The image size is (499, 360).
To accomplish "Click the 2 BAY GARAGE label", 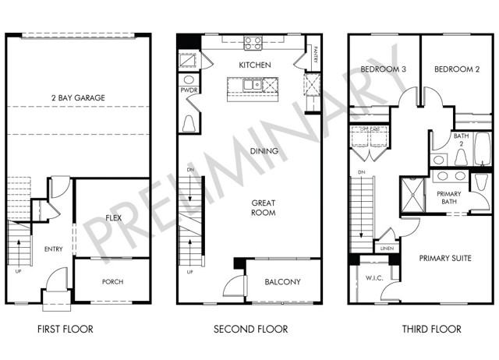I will (x=78, y=97).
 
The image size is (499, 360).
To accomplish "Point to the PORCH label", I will (x=113, y=282).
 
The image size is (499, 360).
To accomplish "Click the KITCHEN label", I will (x=255, y=65).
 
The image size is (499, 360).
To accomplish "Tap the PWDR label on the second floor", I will (x=189, y=90).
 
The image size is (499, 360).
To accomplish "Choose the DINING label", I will (x=264, y=151).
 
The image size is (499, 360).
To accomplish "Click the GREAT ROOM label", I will (x=264, y=207).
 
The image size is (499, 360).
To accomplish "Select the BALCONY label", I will (x=283, y=282).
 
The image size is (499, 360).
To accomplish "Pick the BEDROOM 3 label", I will (x=384, y=69).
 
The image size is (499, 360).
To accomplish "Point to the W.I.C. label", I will (x=373, y=278).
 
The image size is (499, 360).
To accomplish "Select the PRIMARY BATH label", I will (x=449, y=198).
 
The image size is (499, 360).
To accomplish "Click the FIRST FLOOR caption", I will (x=65, y=330).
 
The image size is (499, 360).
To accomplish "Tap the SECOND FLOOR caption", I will (x=251, y=330).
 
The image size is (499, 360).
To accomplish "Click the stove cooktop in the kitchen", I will (x=252, y=44).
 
